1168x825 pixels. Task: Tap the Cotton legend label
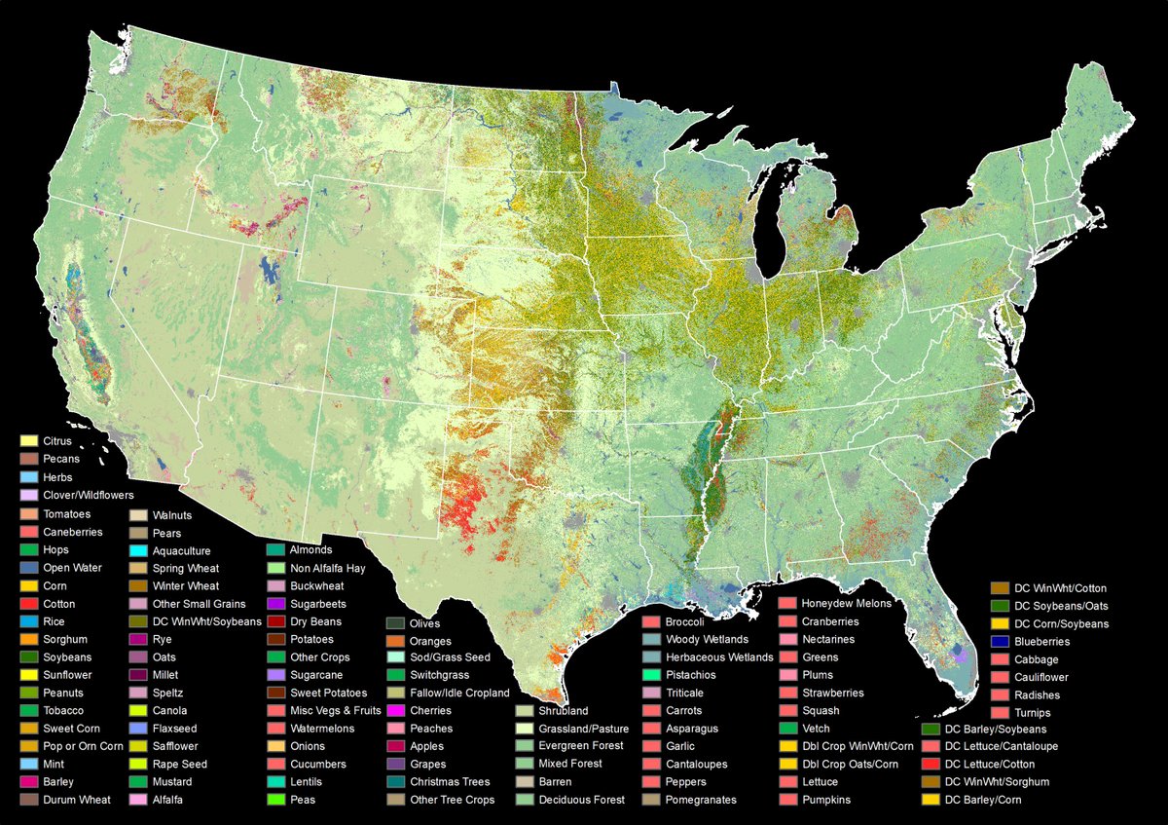[58, 604]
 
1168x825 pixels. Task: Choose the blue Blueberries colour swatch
[1000, 642]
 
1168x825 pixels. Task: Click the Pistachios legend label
[690, 675]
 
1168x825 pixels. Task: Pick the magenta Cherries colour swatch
[395, 711]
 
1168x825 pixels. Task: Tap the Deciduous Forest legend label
[582, 800]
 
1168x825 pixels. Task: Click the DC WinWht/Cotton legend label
[1060, 587]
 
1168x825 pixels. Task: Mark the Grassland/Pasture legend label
[583, 729]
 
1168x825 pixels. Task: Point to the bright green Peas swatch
[276, 800]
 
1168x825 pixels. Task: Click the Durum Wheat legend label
[76, 800]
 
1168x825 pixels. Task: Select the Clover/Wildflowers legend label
[88, 495]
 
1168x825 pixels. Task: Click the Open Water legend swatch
[30, 568]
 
